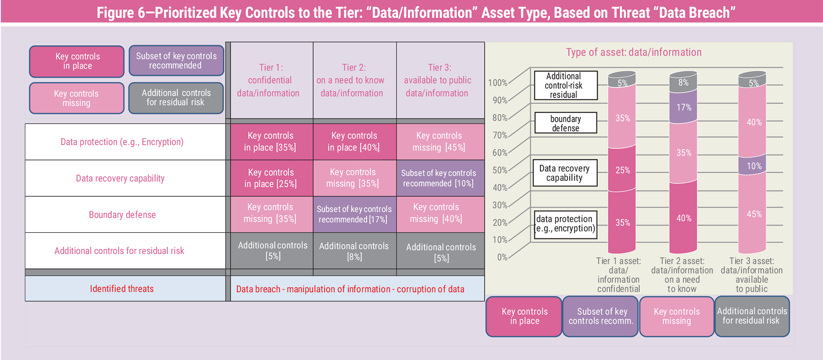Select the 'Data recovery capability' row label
(120, 178)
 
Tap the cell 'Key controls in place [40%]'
(354, 141)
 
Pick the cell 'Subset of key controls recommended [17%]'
(354, 214)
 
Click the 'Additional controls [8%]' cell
(354, 251)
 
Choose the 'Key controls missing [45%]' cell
(439, 141)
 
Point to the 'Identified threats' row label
(122, 289)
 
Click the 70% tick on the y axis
(500, 135)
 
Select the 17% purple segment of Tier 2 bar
(683, 107)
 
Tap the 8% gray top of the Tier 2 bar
(683, 82)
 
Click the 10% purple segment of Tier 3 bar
(753, 166)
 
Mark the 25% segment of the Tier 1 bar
(622, 170)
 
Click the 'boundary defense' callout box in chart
(566, 123)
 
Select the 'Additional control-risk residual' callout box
(566, 86)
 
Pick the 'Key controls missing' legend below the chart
(677, 316)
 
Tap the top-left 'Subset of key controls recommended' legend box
(176, 60)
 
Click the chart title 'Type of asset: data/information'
(634, 52)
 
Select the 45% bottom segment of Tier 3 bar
(753, 214)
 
